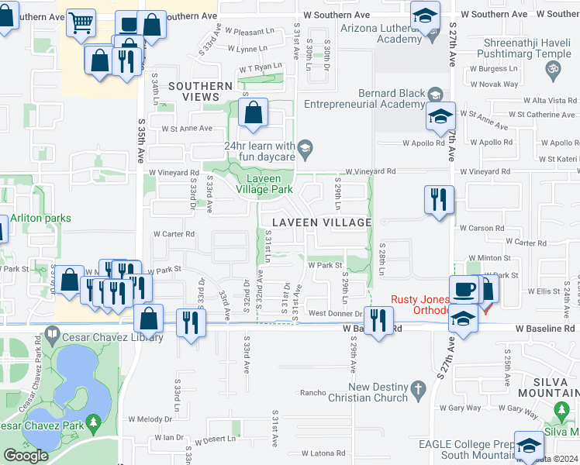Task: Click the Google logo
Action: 26,455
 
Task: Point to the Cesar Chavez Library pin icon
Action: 52,336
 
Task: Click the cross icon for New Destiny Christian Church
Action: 418,388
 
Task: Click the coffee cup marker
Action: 464,288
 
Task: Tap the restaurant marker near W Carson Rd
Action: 439,199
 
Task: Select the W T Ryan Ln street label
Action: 260,68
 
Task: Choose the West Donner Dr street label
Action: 335,313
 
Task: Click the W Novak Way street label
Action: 494,84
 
